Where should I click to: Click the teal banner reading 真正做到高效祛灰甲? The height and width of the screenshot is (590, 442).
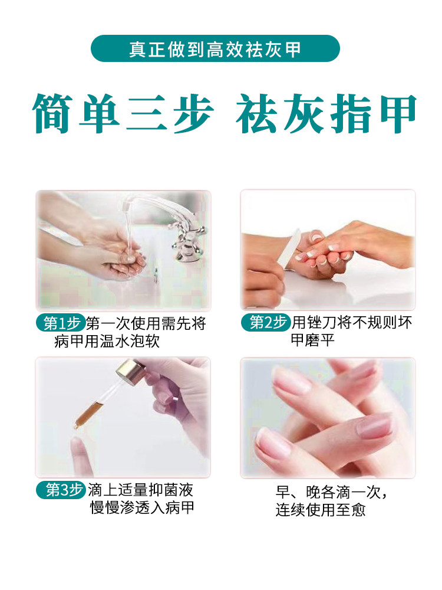click(215, 48)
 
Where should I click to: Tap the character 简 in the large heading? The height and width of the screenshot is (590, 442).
click(52, 113)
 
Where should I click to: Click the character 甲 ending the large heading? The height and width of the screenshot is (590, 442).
click(398, 113)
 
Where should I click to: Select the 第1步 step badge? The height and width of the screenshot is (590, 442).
click(61, 323)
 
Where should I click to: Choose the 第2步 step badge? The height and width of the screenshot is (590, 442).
click(266, 322)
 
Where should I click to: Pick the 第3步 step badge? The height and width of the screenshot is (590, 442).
click(61, 490)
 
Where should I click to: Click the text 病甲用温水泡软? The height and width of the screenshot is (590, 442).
click(107, 341)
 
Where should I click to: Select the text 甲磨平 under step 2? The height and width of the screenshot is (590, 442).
click(313, 340)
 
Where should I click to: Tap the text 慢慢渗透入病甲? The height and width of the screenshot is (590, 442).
click(142, 507)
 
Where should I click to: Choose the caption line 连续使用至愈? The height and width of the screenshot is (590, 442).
click(321, 510)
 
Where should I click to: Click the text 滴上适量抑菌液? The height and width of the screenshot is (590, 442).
click(141, 490)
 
